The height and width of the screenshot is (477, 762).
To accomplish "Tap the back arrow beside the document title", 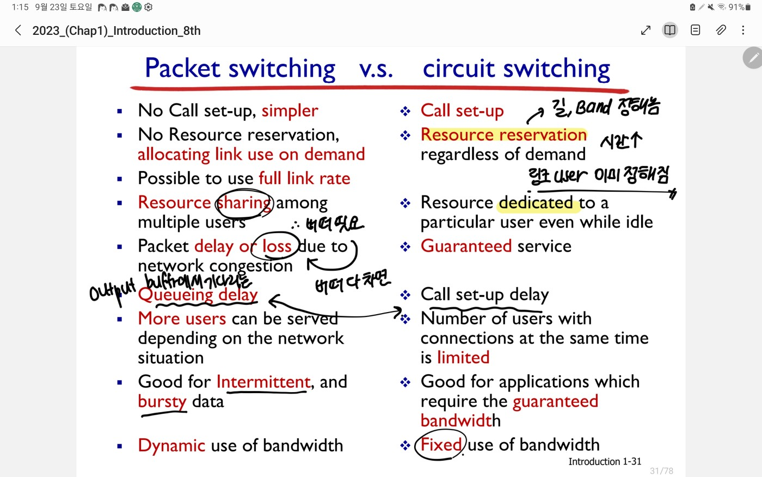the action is point(19,30).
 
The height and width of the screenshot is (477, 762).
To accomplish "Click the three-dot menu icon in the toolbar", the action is point(743,30).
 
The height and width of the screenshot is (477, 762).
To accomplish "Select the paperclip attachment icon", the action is point(721,30).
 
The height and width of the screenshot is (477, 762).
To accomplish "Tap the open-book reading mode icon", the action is point(670,30).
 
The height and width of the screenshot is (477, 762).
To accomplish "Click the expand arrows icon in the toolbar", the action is point(646,30).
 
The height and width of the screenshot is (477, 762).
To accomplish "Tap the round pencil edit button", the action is point(753,58).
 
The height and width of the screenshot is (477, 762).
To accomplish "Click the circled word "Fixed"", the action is point(441,445).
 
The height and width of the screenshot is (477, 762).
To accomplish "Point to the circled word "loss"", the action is point(276,246).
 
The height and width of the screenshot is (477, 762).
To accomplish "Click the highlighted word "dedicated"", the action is point(536,203).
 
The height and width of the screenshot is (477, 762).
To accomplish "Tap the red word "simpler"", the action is point(290,111).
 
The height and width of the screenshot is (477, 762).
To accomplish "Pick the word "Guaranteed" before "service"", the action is point(466,246).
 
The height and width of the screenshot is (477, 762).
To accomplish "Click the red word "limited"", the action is point(463,358).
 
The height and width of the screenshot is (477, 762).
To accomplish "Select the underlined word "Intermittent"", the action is point(263,382).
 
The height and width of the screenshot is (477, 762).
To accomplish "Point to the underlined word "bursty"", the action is point(162,402).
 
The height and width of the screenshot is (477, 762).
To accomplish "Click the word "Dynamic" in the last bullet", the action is point(171,445).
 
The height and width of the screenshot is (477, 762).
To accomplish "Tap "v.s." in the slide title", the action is point(376,69).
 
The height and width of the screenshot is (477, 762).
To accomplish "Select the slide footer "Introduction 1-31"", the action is point(605,462).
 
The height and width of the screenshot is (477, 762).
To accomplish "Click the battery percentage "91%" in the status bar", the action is point(736,7).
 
